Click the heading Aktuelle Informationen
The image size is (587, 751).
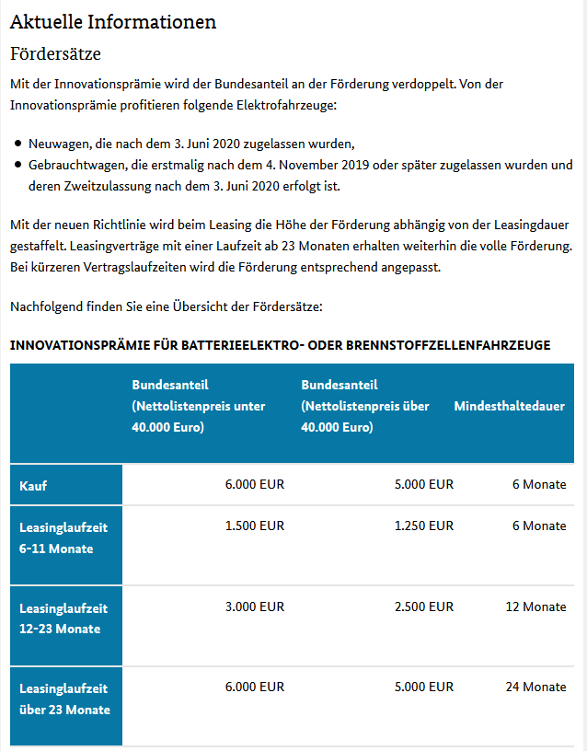(113, 21)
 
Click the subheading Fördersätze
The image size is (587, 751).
(55, 54)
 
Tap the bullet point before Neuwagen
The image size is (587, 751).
(18, 144)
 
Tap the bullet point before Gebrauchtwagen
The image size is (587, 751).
(18, 166)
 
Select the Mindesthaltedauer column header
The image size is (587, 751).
(509, 406)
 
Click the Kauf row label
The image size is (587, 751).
(33, 485)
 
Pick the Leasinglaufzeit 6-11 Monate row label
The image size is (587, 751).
(63, 537)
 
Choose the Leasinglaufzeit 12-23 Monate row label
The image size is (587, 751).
(63, 618)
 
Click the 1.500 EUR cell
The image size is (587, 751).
(255, 526)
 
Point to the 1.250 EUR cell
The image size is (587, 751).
(423, 526)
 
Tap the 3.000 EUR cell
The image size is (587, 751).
(255, 607)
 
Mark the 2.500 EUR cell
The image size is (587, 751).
(423, 607)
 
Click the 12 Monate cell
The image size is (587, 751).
(535, 607)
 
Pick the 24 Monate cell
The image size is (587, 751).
(535, 687)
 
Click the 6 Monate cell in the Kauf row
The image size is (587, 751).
(539, 484)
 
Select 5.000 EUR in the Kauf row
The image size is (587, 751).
(423, 484)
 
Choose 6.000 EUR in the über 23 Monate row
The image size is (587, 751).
(255, 687)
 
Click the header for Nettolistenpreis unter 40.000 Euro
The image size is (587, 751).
(199, 406)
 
